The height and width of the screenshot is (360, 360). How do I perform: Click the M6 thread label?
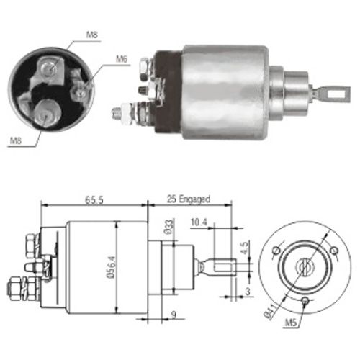[x=122, y=59]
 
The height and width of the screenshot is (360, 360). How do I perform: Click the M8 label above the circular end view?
[x=92, y=35]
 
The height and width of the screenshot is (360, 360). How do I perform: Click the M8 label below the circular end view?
[x=16, y=140]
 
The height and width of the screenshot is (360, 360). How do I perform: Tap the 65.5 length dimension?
[x=94, y=200]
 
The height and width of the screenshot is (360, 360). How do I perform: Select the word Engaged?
[x=195, y=199]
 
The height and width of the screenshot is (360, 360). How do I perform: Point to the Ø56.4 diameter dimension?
[x=112, y=267]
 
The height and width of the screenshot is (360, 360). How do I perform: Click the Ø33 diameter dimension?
[x=168, y=227]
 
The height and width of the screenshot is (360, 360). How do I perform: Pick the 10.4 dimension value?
[x=199, y=222]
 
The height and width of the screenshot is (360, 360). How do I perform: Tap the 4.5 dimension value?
[x=244, y=248]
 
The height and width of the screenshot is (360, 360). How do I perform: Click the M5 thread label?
[x=291, y=323]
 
